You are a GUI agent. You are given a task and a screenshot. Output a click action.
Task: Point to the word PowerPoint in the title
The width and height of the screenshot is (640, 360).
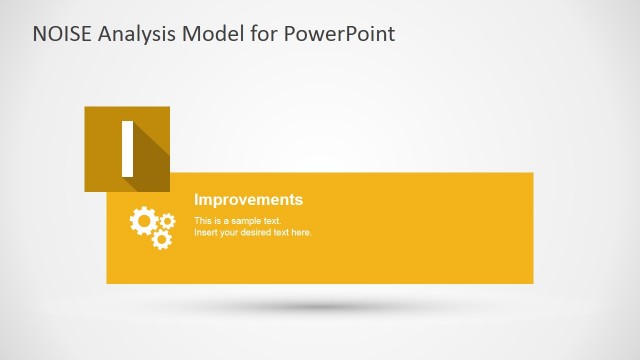340,34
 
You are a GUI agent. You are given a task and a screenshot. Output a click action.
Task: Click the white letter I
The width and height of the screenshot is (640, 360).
127,148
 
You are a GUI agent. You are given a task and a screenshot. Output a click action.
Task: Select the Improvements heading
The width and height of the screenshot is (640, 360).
248,200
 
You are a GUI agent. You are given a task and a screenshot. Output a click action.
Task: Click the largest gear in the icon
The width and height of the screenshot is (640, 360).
143,221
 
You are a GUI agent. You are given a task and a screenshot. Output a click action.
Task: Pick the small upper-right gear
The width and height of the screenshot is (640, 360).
167,220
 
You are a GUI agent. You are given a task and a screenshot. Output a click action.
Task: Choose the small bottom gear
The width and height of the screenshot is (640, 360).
161,240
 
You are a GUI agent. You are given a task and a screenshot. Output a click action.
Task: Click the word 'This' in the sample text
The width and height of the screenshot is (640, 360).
203,220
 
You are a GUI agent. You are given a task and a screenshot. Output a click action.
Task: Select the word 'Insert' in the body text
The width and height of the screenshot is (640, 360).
205,232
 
